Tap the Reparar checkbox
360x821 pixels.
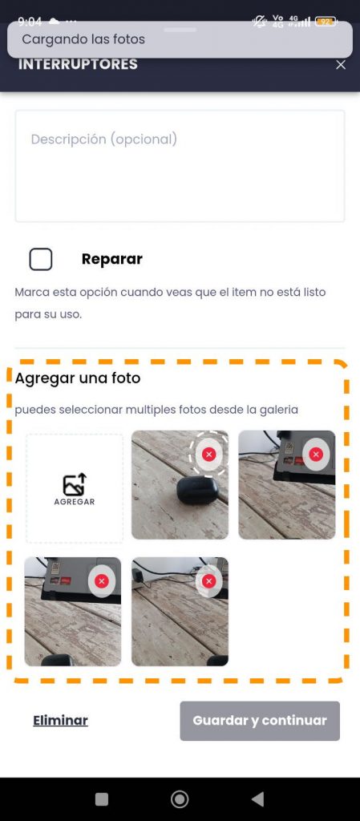[x=41, y=259]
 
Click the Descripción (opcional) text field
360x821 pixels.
[x=180, y=166]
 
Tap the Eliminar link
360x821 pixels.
[x=60, y=721]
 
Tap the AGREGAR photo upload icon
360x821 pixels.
[x=75, y=485]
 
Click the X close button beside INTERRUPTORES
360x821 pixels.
[x=341, y=64]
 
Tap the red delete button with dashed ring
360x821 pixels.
[x=208, y=454]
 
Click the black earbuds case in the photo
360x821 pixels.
[x=198, y=491]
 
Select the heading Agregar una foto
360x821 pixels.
[x=78, y=378]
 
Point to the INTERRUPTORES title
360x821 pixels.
[x=78, y=64]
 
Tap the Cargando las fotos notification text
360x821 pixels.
[x=83, y=39]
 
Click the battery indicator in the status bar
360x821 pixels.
[x=326, y=22]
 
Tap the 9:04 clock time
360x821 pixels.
[x=30, y=22]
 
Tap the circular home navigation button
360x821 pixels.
[x=180, y=799]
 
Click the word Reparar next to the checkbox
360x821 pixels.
[x=112, y=259]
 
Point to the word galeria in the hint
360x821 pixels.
[x=279, y=410]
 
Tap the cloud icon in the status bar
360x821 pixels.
[x=54, y=21]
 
